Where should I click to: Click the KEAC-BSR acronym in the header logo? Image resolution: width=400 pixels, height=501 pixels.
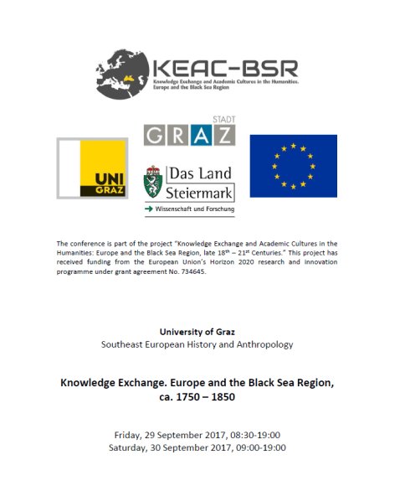tap(225, 67)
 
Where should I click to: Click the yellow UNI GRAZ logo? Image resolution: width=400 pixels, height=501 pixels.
tap(91, 168)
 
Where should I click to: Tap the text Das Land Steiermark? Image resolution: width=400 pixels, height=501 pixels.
tap(200, 183)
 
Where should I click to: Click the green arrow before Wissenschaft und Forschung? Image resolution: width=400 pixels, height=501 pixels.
tap(149, 208)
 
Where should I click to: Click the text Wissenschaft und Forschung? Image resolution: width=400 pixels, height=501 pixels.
tap(194, 208)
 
